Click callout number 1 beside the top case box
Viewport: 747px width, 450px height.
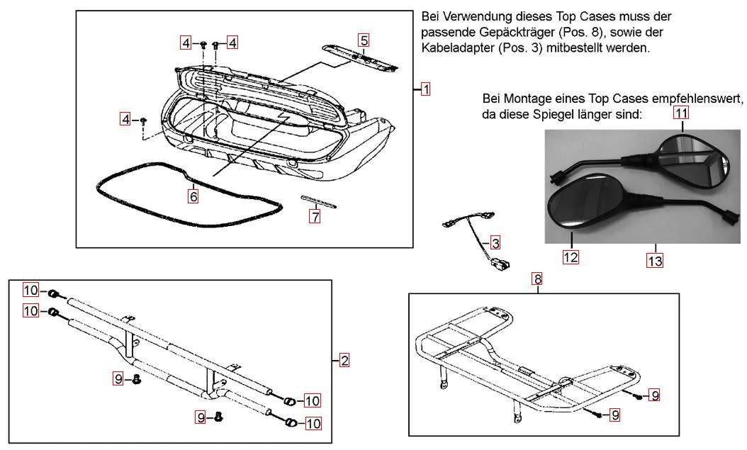click(x=425, y=89)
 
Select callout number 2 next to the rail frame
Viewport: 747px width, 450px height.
click(x=344, y=361)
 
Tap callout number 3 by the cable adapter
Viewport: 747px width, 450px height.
click(x=495, y=243)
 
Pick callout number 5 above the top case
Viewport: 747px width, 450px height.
click(x=364, y=40)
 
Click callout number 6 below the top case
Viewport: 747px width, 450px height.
click(x=193, y=195)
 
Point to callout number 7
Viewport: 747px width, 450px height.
click(x=315, y=217)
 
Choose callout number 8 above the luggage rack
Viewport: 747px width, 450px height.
click(x=538, y=279)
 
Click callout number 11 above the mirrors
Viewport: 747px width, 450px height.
click(x=681, y=113)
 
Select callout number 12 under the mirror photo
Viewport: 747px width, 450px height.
click(x=571, y=257)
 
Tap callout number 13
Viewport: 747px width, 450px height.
click(x=655, y=261)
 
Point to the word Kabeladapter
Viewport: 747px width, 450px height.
click(x=454, y=48)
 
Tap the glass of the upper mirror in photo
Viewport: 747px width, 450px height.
click(x=695, y=157)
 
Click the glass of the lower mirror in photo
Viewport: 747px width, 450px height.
click(x=578, y=203)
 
